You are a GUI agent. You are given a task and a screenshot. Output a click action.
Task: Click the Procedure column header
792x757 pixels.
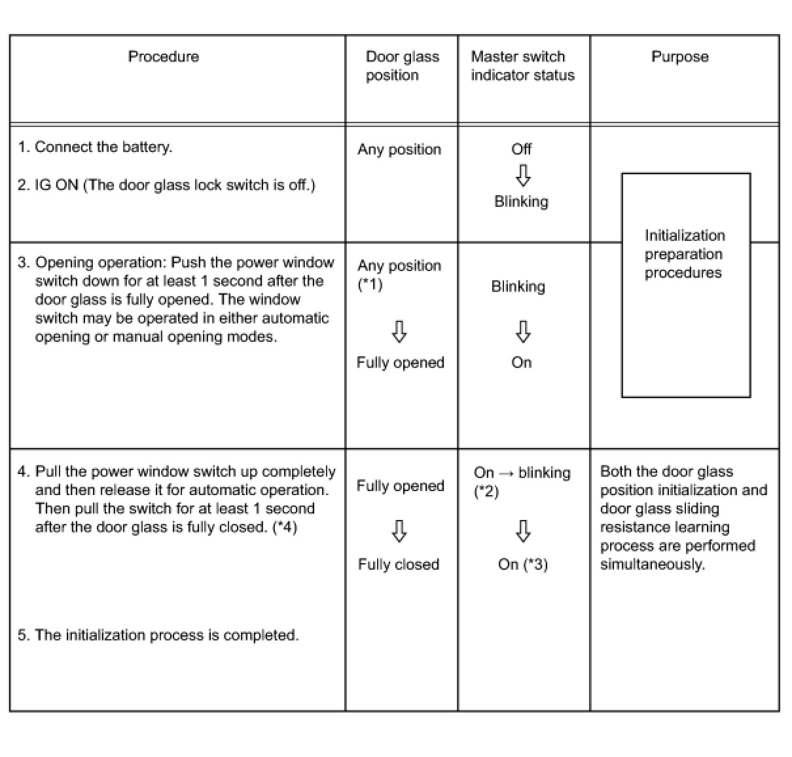(x=163, y=57)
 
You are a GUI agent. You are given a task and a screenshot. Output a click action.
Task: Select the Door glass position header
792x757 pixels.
(x=401, y=66)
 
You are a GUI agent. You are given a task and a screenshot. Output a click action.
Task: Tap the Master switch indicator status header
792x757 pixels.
(x=522, y=66)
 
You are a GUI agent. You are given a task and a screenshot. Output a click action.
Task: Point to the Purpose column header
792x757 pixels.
(x=679, y=57)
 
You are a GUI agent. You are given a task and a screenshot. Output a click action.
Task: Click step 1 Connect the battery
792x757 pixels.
(x=95, y=147)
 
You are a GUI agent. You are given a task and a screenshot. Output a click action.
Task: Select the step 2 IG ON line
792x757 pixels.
(x=166, y=185)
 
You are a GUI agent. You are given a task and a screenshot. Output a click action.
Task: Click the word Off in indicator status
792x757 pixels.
(x=521, y=149)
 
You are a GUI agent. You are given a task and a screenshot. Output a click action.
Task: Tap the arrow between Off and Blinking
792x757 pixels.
(x=522, y=175)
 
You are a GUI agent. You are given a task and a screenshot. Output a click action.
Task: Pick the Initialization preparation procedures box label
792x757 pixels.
(x=684, y=254)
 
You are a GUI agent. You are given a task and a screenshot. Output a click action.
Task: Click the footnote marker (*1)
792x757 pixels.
(x=370, y=284)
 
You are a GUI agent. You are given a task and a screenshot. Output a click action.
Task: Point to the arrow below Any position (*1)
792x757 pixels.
(x=399, y=331)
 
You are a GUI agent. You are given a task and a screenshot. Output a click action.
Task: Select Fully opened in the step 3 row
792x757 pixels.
(x=400, y=363)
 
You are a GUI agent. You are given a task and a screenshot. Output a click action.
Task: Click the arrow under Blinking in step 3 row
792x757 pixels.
(x=522, y=331)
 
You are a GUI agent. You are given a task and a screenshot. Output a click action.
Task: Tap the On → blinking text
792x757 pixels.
(x=522, y=473)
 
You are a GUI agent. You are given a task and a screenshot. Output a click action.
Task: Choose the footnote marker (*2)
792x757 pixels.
(x=486, y=491)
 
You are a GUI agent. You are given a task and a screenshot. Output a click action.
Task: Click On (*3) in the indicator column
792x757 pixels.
(x=522, y=564)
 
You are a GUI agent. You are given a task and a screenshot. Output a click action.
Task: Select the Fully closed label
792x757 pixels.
(x=398, y=564)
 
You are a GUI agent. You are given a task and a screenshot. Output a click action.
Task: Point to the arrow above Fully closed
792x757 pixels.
(x=399, y=531)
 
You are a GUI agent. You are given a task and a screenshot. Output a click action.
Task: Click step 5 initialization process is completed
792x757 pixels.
(x=158, y=635)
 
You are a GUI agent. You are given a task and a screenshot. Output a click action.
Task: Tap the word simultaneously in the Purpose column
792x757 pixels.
(x=652, y=564)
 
